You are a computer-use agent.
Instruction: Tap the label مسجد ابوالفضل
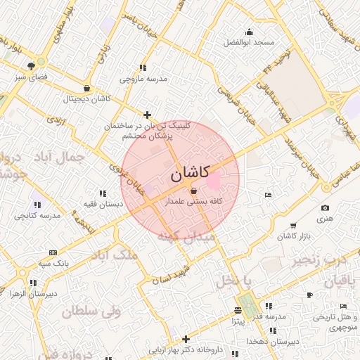click(248, 44)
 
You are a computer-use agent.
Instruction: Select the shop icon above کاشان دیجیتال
click(86, 89)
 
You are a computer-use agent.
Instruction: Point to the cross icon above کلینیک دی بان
click(147, 115)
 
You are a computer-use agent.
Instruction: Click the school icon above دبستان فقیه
click(103, 193)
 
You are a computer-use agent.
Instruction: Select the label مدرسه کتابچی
click(37, 216)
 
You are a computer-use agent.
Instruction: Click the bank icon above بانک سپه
click(53, 252)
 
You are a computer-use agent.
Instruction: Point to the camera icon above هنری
click(325, 208)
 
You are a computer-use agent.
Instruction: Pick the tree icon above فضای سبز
click(31, 65)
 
